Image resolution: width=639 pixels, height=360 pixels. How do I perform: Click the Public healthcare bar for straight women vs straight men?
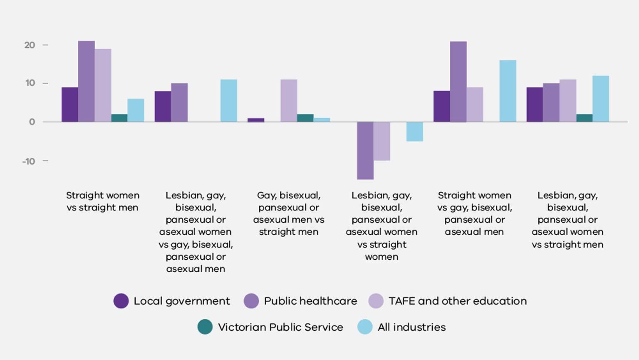click(x=87, y=82)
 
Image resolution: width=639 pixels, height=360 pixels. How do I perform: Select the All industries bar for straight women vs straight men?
click(x=136, y=110)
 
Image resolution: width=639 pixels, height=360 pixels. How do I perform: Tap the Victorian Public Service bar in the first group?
click(x=119, y=118)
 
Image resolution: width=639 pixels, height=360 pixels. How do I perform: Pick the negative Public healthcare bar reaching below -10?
click(x=365, y=150)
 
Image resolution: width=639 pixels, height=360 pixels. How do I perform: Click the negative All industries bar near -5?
click(x=415, y=132)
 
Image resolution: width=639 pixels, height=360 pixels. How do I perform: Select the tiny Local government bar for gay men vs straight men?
click(x=256, y=120)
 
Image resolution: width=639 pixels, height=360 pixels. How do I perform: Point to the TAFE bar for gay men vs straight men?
click(x=289, y=101)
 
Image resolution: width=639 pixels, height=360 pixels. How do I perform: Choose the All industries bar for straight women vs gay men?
click(x=508, y=91)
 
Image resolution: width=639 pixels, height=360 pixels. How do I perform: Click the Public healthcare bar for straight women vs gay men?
click(x=458, y=82)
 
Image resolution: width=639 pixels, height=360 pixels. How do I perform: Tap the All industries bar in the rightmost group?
click(x=601, y=99)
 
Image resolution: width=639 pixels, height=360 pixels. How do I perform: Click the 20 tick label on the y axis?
click(x=30, y=45)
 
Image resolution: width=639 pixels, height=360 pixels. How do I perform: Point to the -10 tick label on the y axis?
click(x=29, y=161)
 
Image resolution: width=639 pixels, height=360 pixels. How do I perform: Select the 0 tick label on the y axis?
click(x=32, y=122)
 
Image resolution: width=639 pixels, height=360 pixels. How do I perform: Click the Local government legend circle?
click(x=121, y=301)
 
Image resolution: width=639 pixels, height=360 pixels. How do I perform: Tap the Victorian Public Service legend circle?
click(x=205, y=327)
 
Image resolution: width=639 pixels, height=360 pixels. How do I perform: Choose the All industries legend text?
click(x=411, y=327)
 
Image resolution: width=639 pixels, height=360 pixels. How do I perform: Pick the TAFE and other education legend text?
click(x=458, y=301)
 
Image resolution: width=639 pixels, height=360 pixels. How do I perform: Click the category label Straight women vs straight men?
click(x=102, y=201)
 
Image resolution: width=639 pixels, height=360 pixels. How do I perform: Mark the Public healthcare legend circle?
click(x=251, y=301)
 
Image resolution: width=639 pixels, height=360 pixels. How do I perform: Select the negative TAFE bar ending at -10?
click(x=382, y=141)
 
